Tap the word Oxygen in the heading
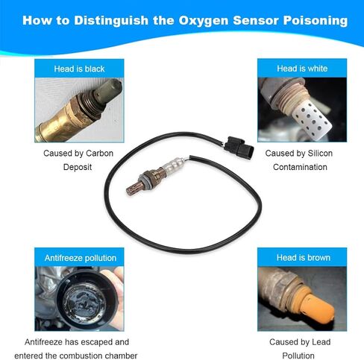tap(204, 21)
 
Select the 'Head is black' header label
tap(79, 69)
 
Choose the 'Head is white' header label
tap(302, 69)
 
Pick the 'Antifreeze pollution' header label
tap(81, 258)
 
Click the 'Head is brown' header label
tap(304, 258)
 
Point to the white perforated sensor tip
tap(312, 117)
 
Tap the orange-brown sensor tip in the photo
tap(318, 306)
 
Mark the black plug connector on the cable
tap(239, 145)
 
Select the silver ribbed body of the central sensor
tap(173, 165)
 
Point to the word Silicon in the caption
tap(320, 154)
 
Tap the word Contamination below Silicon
tap(300, 167)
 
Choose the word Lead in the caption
tap(321, 342)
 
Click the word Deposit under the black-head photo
tap(78, 167)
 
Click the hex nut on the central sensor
tap(147, 178)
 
